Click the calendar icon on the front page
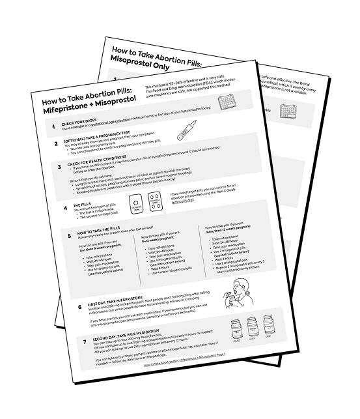tap(227, 103)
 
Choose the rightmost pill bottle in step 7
tap(268, 323)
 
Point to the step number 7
tap(85, 341)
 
